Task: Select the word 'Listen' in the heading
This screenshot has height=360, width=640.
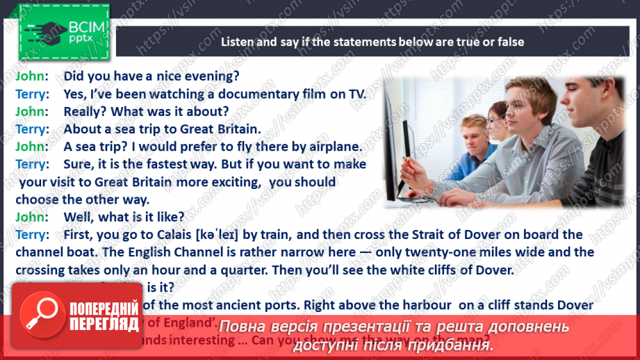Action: (238, 42)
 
